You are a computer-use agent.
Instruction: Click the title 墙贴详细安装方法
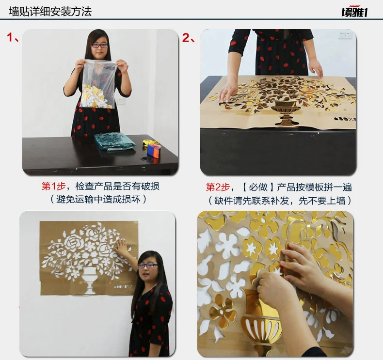tap(50, 12)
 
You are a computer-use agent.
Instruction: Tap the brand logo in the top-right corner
tap(354, 12)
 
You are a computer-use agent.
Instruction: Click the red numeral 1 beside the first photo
tap(10, 37)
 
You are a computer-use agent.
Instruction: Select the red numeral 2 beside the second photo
tap(186, 38)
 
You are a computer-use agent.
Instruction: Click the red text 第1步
tap(53, 186)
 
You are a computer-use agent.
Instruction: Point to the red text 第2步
tap(218, 187)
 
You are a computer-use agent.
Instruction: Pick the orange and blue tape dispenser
tap(153, 151)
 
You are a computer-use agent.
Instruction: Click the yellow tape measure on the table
tap(149, 142)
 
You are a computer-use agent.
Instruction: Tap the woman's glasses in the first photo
tap(100, 46)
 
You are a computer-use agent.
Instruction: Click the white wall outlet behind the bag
tap(121, 101)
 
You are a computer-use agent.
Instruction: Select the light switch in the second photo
tap(345, 35)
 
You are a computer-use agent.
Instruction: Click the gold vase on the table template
tap(286, 113)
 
